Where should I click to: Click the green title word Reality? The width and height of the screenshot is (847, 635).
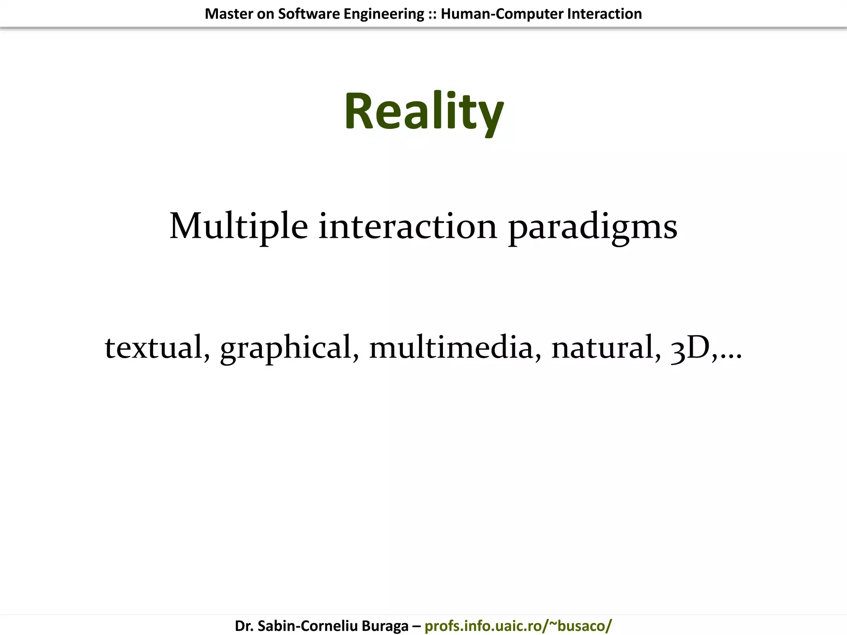423,112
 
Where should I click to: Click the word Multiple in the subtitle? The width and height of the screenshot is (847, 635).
239,227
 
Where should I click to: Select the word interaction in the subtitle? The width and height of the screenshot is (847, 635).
407,227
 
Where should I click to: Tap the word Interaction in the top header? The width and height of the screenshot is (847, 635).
604,14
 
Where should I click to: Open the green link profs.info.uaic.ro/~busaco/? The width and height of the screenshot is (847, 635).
518,626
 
